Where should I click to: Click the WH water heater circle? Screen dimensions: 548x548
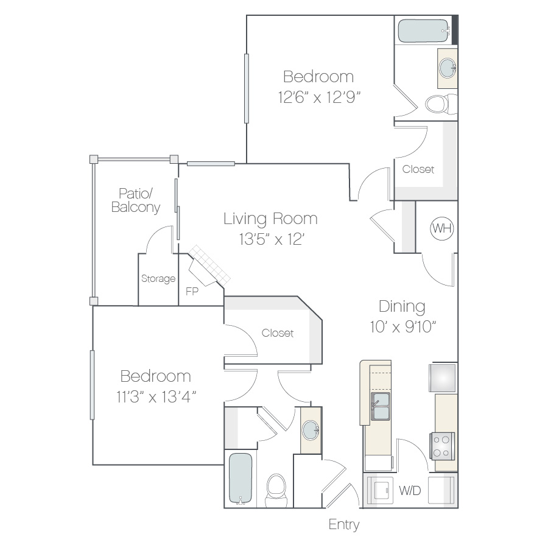(442, 228)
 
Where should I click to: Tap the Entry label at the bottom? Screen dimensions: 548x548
(344, 525)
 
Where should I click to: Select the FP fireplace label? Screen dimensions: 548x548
(192, 291)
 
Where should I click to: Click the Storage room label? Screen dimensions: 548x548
(158, 278)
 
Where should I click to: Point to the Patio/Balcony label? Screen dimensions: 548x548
(136, 200)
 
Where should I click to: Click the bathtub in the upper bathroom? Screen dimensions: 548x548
(424, 31)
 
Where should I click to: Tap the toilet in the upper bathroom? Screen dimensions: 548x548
(441, 104)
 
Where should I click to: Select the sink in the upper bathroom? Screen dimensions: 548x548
(448, 68)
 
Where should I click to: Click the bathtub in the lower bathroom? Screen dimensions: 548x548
(241, 479)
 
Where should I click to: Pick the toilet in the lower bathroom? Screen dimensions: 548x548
(276, 490)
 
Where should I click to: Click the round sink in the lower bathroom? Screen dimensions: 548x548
(311, 430)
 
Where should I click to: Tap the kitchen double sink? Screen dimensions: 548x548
(380, 407)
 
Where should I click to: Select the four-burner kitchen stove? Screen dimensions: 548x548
(442, 446)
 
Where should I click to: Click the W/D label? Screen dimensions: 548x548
(410, 491)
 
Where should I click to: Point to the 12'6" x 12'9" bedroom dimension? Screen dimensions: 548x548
(319, 97)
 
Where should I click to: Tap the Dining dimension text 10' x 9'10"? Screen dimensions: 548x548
(403, 327)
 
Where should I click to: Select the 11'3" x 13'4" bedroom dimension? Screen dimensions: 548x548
(156, 396)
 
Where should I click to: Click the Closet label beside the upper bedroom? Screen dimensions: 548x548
(418, 169)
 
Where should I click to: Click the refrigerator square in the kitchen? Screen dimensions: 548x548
(443, 378)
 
